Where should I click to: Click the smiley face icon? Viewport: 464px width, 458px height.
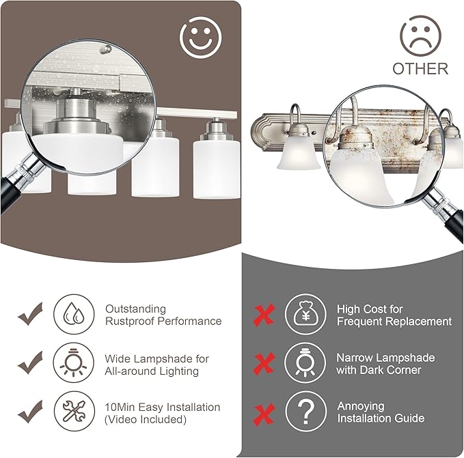point(201,38)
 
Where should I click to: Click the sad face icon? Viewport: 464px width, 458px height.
point(420,36)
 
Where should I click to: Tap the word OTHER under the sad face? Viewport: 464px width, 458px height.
point(420,68)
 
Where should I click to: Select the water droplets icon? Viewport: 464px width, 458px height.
point(74,314)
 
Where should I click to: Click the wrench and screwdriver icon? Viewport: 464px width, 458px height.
point(74,411)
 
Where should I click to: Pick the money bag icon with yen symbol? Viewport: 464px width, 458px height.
point(305,314)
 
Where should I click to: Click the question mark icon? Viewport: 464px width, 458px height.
point(306,411)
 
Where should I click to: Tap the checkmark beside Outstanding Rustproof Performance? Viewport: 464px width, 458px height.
point(31,314)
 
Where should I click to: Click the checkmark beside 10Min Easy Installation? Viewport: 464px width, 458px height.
point(31,412)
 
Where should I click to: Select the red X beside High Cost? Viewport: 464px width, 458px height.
point(264,315)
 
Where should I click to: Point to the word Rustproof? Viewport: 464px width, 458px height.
point(130,321)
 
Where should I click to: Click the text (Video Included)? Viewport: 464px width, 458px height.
point(146,419)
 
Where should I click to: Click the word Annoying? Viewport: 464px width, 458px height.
point(361,406)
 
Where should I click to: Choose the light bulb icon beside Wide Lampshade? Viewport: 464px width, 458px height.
point(74,362)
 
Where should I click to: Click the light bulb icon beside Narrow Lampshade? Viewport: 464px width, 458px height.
point(305,362)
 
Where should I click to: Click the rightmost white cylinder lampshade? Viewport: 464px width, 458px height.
point(217,169)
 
